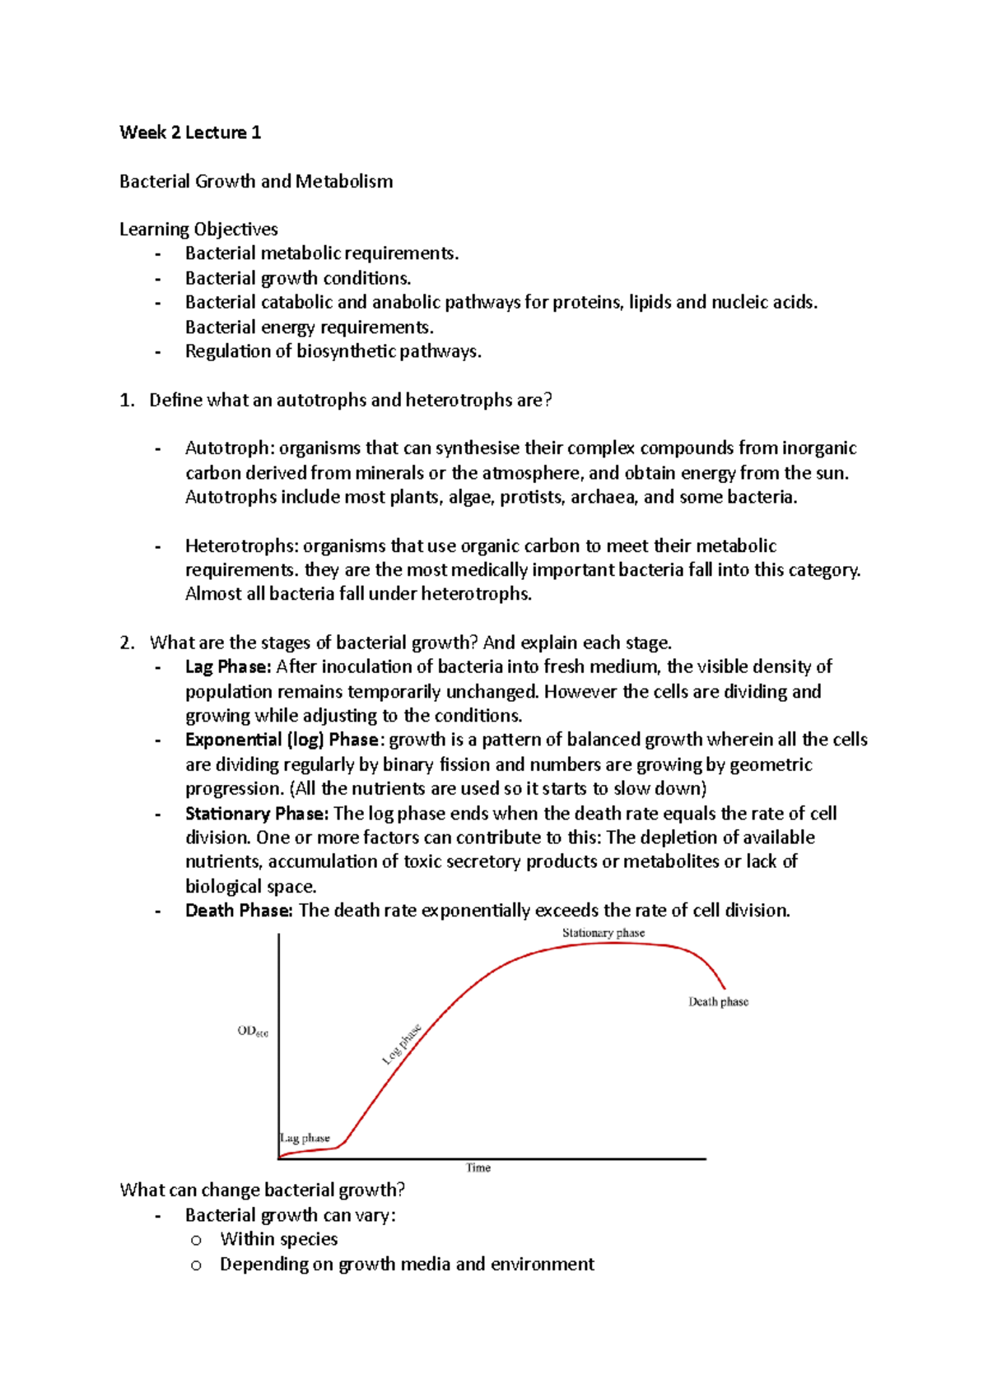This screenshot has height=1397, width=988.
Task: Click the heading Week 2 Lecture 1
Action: (x=190, y=132)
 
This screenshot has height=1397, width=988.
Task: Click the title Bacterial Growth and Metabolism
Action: (x=256, y=181)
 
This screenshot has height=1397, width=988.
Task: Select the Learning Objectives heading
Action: (x=198, y=230)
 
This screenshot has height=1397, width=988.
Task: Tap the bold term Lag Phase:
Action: (x=228, y=666)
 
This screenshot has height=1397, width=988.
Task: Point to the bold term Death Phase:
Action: (x=239, y=911)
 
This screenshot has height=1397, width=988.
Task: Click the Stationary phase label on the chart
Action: (x=604, y=933)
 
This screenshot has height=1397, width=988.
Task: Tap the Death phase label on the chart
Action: (x=718, y=1002)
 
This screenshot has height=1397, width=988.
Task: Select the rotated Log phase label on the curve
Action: (x=402, y=1044)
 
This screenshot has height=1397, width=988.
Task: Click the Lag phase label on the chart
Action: (x=305, y=1139)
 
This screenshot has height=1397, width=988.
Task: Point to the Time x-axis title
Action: (x=478, y=1168)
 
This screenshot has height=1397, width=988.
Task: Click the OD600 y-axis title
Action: (x=252, y=1032)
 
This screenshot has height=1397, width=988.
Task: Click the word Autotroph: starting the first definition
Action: (x=230, y=448)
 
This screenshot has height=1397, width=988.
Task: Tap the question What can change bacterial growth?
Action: (x=263, y=1190)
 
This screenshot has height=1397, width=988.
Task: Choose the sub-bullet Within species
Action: (x=278, y=1239)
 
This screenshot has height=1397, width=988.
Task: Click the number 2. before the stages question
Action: (x=127, y=643)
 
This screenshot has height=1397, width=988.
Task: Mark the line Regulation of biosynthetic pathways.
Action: (x=333, y=351)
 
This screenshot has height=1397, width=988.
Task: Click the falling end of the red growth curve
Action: (x=720, y=979)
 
